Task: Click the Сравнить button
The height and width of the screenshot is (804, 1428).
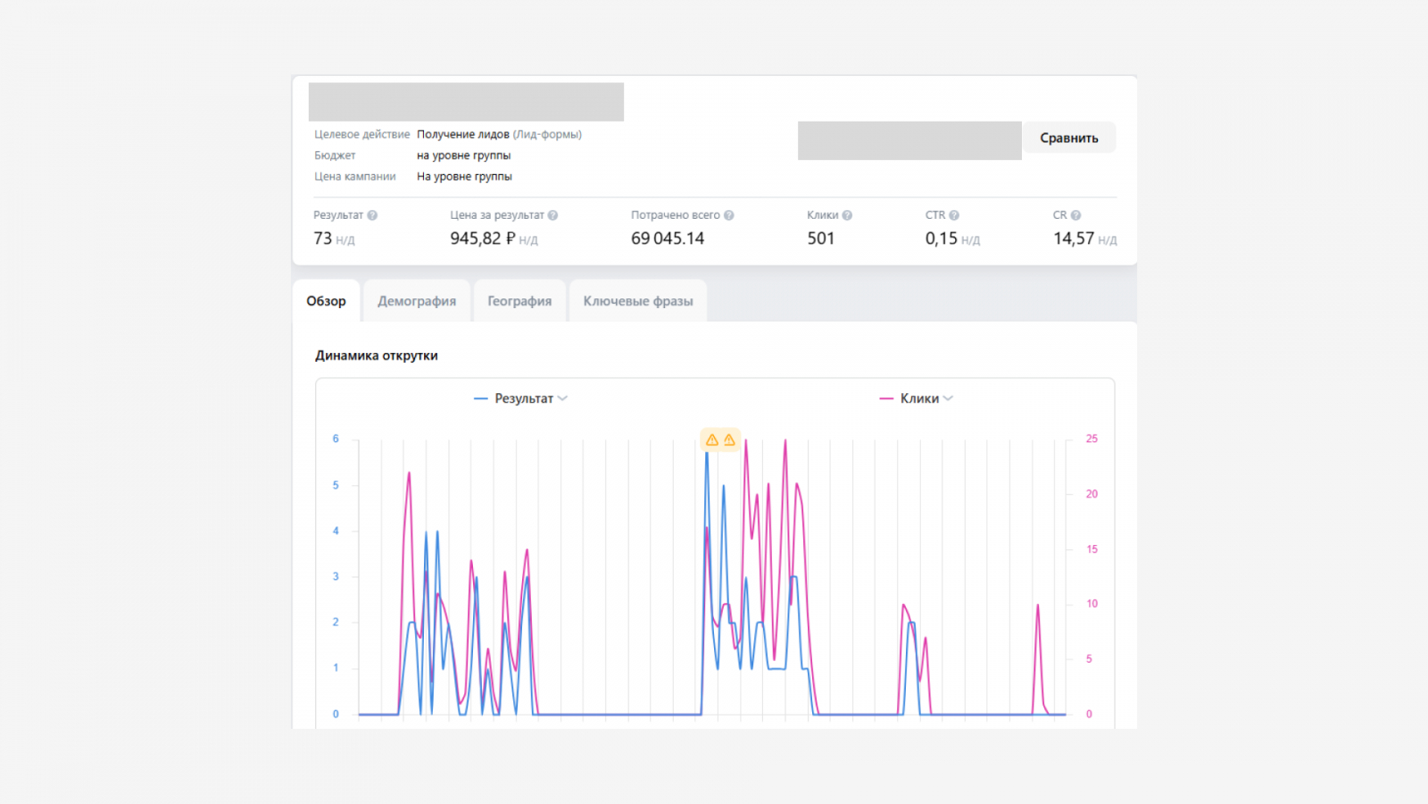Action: (x=1069, y=138)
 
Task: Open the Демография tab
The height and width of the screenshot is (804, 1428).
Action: (x=417, y=301)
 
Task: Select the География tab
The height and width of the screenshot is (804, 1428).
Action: (x=519, y=301)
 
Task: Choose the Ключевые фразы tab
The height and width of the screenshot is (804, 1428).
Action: (x=638, y=301)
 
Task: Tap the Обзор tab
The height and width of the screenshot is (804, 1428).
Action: (x=326, y=301)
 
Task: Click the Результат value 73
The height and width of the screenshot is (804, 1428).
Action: (x=322, y=239)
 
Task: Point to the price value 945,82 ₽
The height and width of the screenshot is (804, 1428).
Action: (x=483, y=239)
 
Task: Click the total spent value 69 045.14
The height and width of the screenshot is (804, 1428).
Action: (x=668, y=239)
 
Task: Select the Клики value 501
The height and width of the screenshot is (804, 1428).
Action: (x=820, y=239)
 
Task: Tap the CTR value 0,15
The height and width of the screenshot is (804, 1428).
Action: (x=941, y=239)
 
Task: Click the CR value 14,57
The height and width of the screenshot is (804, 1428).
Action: (x=1074, y=239)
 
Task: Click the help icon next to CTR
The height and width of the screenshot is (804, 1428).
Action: (x=954, y=215)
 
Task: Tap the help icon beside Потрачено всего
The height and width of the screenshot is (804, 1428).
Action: (x=728, y=215)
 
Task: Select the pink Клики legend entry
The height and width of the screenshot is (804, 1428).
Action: (x=916, y=398)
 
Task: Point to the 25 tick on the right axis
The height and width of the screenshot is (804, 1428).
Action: (x=1092, y=439)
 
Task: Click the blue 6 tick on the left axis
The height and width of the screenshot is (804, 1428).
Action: (x=336, y=439)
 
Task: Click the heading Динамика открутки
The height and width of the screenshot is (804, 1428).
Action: (x=376, y=356)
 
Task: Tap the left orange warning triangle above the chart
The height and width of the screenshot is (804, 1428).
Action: (x=712, y=440)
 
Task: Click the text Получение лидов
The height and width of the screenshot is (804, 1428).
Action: (x=463, y=135)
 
